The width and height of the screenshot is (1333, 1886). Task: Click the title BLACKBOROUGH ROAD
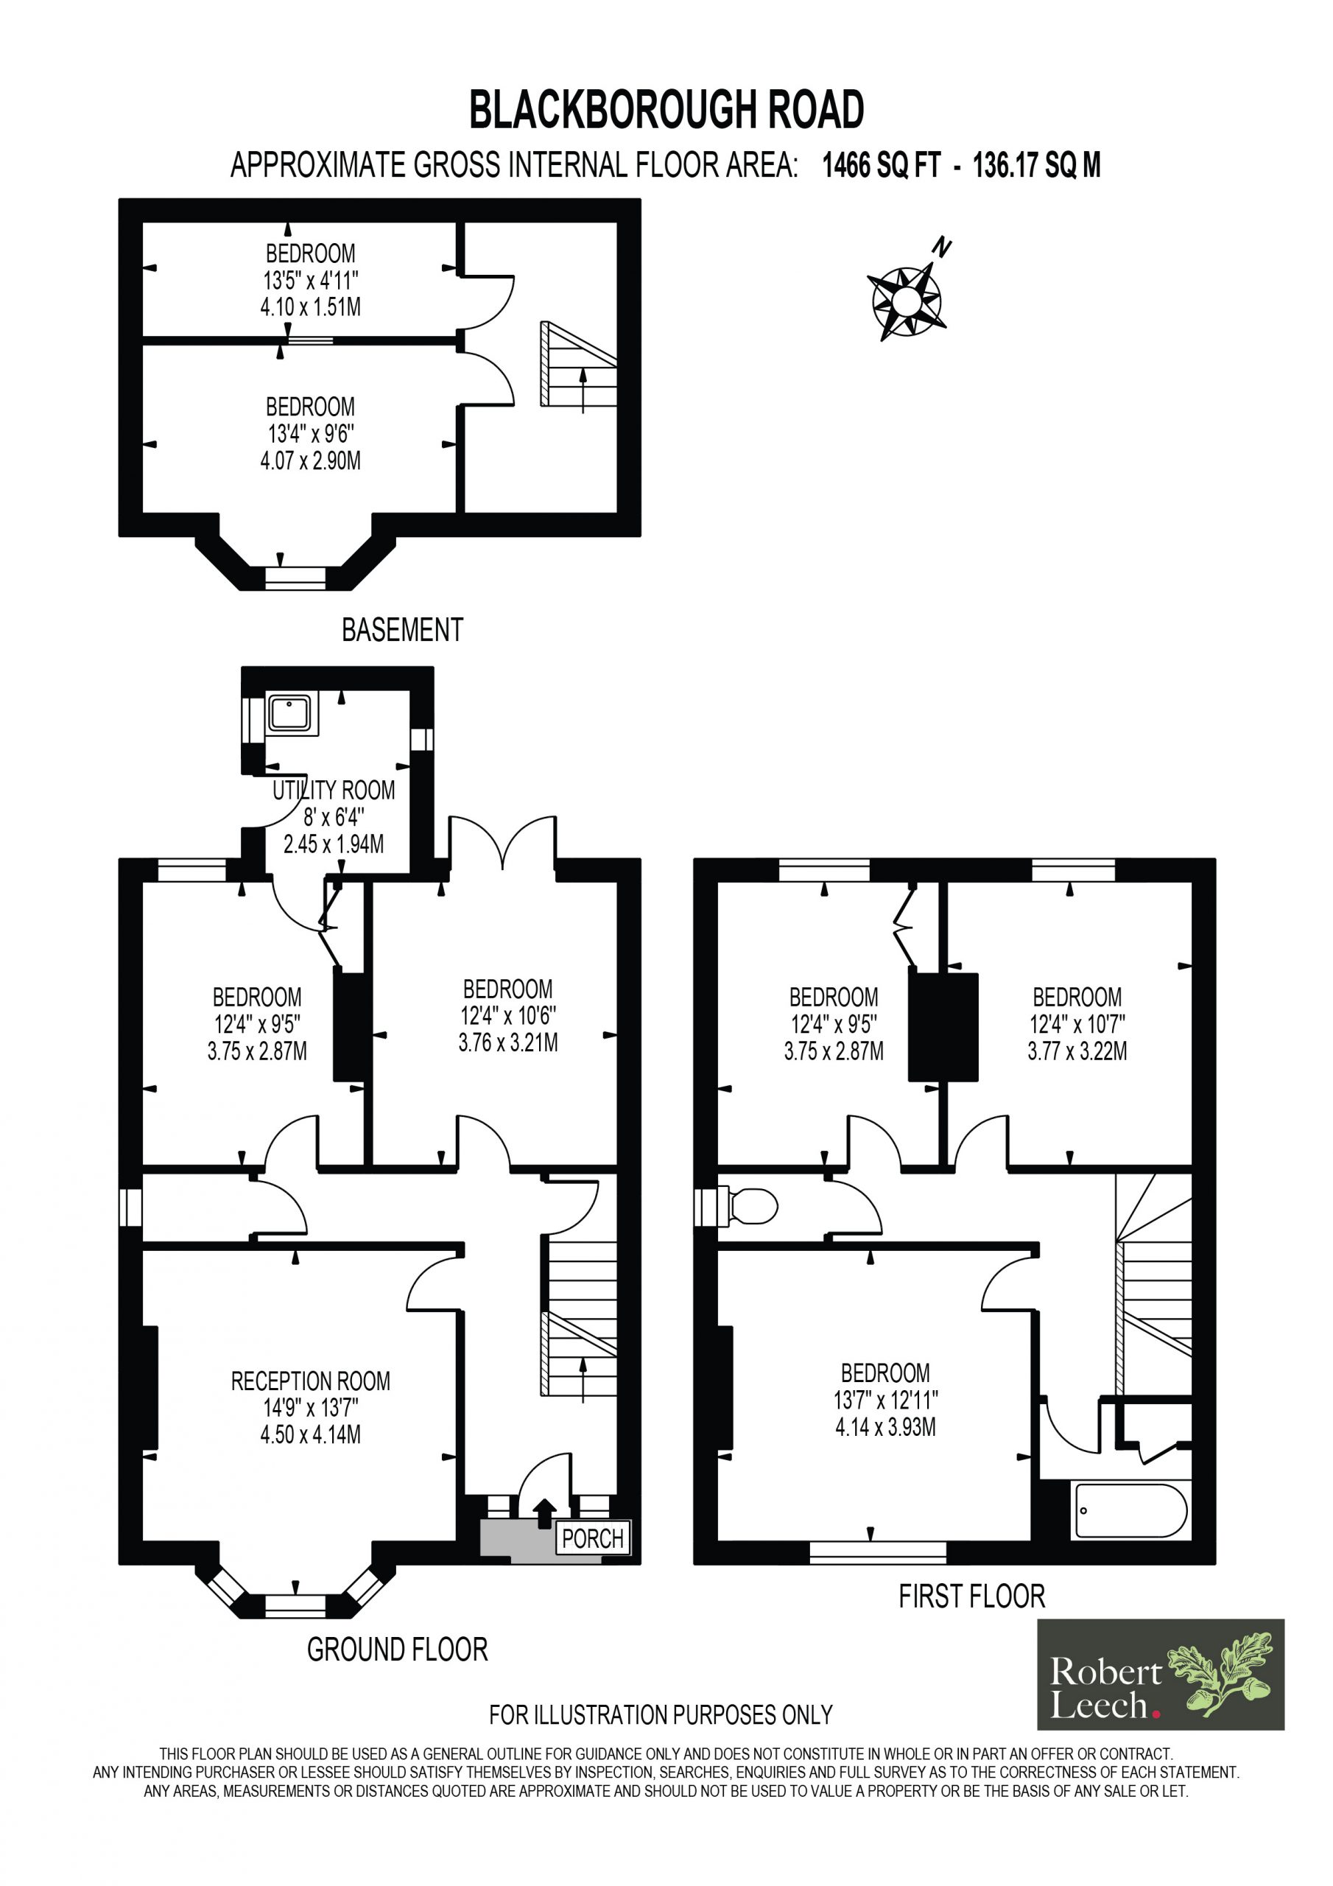(666, 110)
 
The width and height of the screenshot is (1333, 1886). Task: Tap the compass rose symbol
(905, 301)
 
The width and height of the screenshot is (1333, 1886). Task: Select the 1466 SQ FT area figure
(881, 166)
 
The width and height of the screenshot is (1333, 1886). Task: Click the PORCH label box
(593, 1538)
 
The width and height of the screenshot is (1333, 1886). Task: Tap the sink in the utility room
(290, 713)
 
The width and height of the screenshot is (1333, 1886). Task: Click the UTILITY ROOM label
(334, 790)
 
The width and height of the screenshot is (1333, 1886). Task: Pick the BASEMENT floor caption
(402, 630)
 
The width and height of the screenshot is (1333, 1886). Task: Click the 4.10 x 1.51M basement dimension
(311, 307)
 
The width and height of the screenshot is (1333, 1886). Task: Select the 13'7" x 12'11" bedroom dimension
(885, 1400)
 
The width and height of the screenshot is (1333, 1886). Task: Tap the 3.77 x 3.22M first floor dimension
(1077, 1051)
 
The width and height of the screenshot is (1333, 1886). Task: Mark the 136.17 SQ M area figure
(1036, 166)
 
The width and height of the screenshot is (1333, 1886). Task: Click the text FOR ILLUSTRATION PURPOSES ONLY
(661, 1714)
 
